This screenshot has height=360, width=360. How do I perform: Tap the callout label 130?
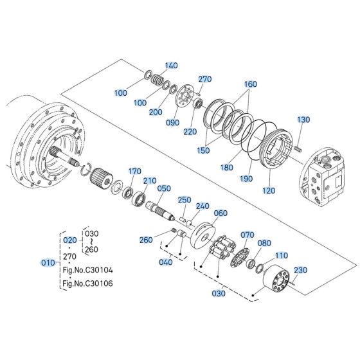[303, 120]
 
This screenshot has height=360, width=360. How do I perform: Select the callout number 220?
[188, 132]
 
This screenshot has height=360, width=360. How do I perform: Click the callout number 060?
[221, 213]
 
